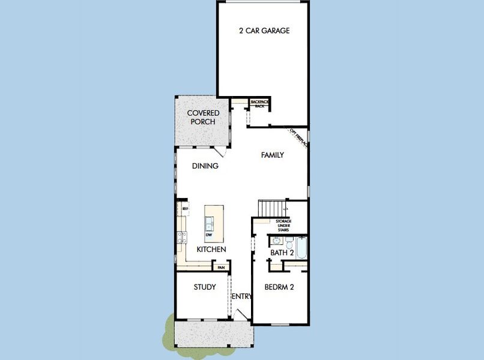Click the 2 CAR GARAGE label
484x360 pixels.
(x=264, y=31)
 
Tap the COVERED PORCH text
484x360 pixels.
(x=203, y=117)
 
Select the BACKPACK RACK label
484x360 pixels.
(x=259, y=104)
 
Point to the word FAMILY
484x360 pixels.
(x=272, y=155)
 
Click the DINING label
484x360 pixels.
(x=205, y=166)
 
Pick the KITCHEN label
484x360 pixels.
(x=211, y=249)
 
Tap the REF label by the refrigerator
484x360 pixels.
(x=185, y=209)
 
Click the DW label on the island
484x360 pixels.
(x=209, y=235)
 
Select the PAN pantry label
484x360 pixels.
(x=221, y=268)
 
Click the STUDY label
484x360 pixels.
(x=205, y=287)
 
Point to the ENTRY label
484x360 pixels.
(x=242, y=296)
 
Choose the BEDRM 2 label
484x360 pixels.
(x=279, y=287)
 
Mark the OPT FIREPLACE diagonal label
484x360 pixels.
(x=298, y=137)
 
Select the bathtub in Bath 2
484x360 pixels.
(x=301, y=248)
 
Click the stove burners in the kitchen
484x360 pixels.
(x=182, y=236)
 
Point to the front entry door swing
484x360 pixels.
(x=241, y=314)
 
